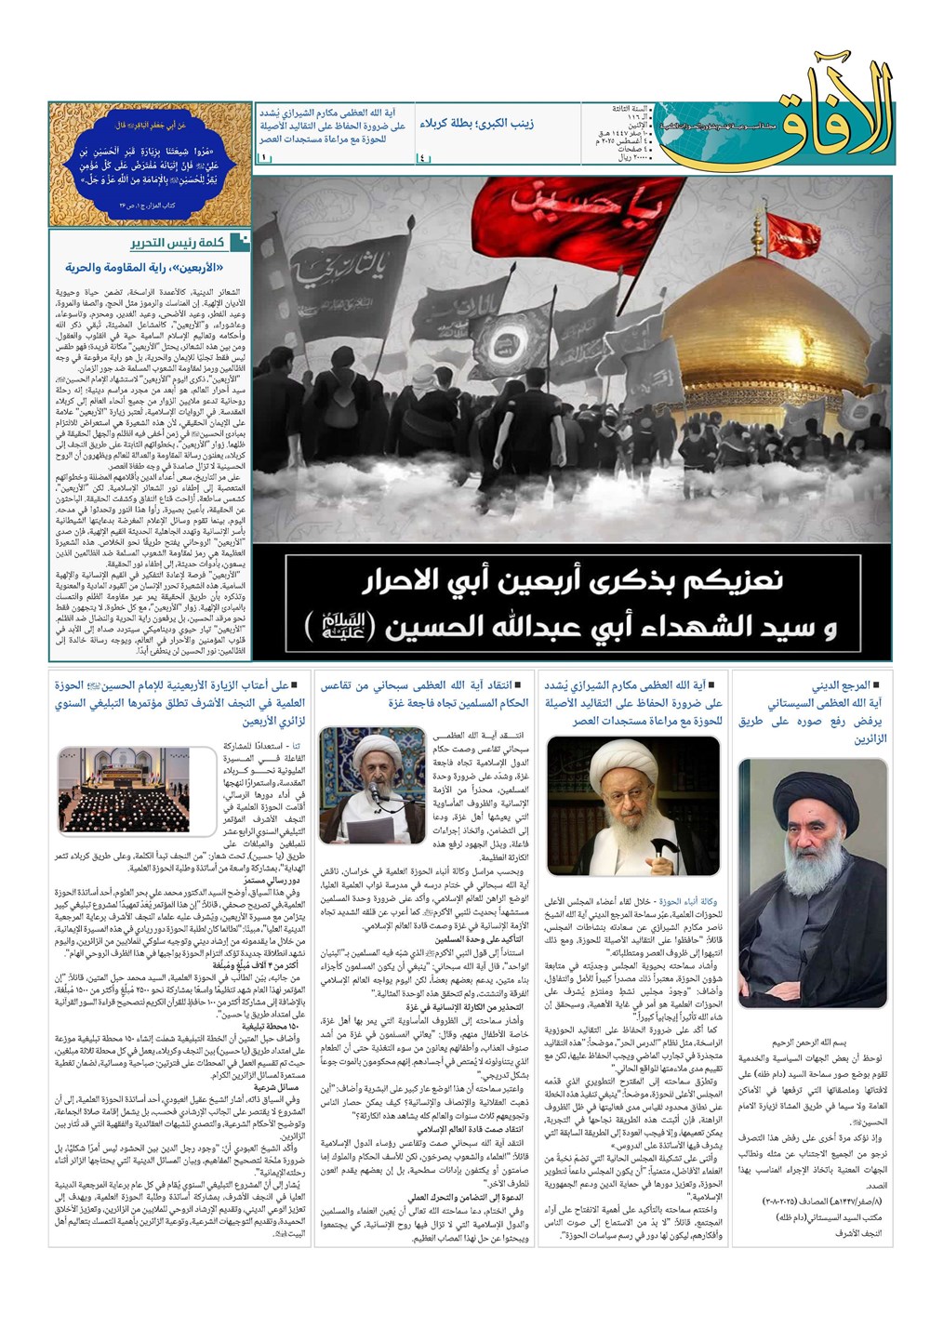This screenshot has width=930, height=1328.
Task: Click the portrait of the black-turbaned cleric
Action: (x=814, y=887)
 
